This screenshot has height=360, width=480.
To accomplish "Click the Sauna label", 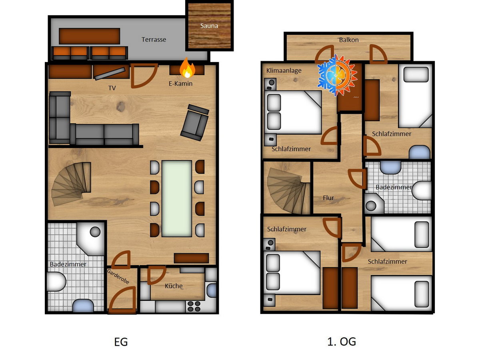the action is coord(209,26).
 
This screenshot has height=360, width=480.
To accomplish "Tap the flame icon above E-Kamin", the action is coord(187,68).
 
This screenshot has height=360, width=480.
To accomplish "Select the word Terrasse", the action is coord(154,40).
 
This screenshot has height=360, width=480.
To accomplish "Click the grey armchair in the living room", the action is coord(195,122).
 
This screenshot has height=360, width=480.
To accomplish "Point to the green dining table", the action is coord(177,199).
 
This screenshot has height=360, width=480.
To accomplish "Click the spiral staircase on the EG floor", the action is coord(71,184).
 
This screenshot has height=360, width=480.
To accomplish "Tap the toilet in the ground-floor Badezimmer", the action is coord(56,282).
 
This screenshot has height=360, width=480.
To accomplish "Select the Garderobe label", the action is coord(118,276).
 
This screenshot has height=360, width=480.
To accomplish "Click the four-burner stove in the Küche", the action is coord(194,306).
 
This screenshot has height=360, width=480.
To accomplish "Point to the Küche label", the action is coord(174,286).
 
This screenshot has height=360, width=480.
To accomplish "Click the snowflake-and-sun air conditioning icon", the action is coord(337,76).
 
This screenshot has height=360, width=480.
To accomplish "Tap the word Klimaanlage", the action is coord(284,70).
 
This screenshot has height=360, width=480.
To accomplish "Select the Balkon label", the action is coord(349,40).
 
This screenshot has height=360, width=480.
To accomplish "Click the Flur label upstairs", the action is coord(328,198).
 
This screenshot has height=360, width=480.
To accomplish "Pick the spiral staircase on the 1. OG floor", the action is coord(288,191).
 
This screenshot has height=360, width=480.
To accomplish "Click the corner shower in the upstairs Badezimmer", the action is coord(374,204).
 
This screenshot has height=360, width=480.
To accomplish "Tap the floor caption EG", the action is coord(121,342).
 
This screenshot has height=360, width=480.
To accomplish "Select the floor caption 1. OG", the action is coord(342,342).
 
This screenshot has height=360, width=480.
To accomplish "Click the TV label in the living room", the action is coord(112,88).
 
